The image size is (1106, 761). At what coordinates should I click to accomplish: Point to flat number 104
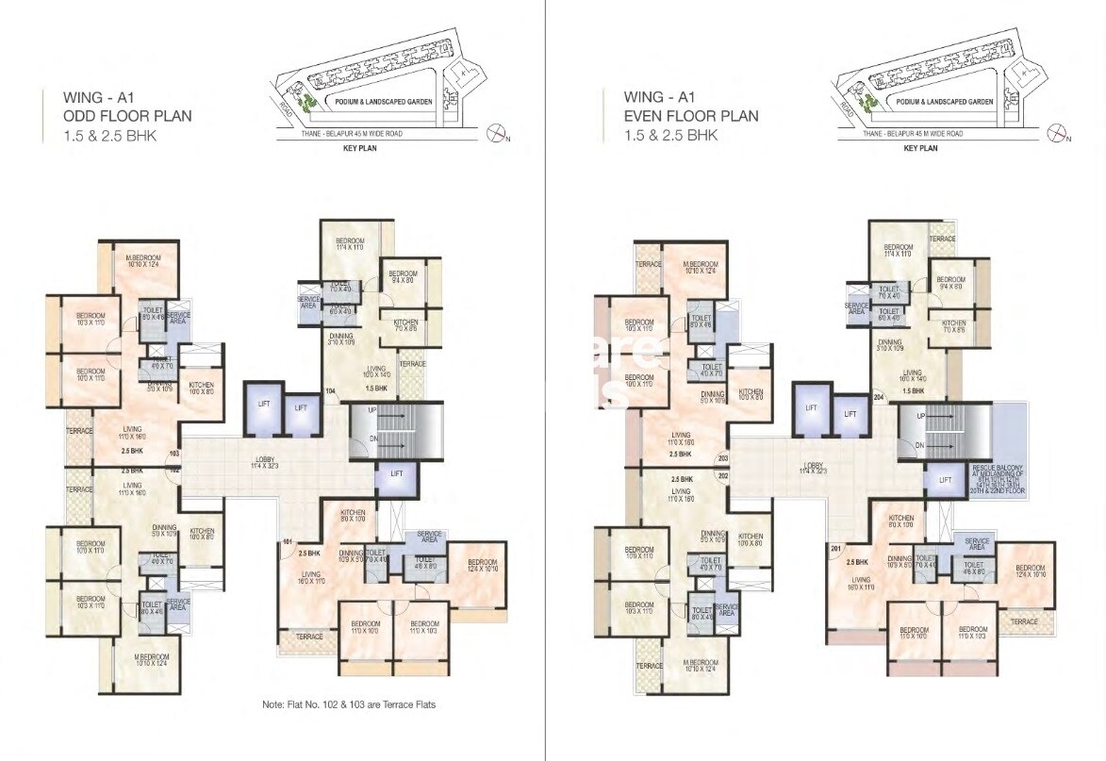point(331,389)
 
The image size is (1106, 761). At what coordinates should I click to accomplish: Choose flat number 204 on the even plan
point(879,397)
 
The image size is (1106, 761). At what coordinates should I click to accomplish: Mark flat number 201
point(835,548)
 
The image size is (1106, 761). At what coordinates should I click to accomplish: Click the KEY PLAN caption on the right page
point(920,148)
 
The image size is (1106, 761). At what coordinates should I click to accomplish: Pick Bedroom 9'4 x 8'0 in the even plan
point(949,283)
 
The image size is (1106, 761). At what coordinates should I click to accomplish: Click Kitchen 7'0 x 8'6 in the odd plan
point(404,326)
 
